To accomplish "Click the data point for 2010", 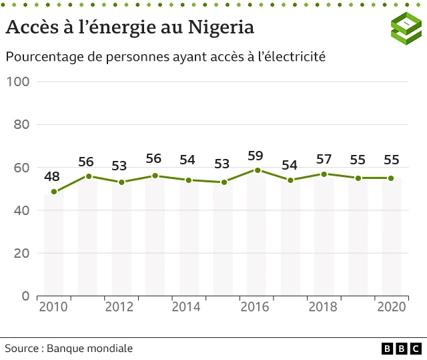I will [x=54, y=192].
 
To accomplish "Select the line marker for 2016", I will [x=257, y=170].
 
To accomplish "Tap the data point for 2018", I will [x=324, y=174].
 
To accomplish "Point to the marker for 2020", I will [x=391, y=178].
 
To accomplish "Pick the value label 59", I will [x=256, y=156].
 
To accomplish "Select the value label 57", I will [x=324, y=160].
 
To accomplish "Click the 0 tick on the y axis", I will [x=26, y=296].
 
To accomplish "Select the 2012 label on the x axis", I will [x=119, y=307].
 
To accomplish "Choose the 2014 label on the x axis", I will [x=187, y=307].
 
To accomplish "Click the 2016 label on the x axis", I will [x=255, y=307].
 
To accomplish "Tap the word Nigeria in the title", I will [x=221, y=28].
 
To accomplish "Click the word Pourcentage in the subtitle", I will [x=44, y=57].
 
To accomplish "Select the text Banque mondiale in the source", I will [x=90, y=349].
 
